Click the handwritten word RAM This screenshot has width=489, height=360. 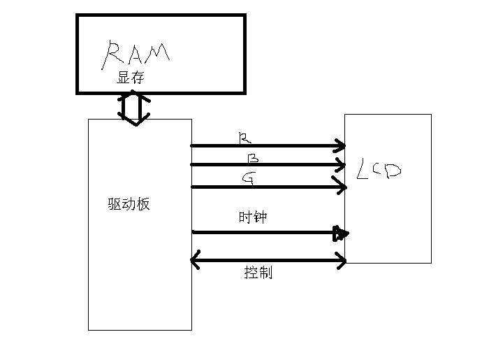[x=137, y=53]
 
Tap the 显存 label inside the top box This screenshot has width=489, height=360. [x=130, y=78]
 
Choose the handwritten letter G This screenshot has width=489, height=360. [x=247, y=178]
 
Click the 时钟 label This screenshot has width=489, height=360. [x=252, y=218]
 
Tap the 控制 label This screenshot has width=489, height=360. [x=258, y=273]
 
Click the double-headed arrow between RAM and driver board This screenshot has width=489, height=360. [x=133, y=107]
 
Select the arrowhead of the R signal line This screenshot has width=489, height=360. [x=340, y=146]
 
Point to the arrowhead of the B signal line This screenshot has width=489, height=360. [x=340, y=166]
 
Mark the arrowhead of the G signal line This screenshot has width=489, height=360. [x=341, y=187]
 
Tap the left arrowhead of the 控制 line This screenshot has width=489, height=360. [x=196, y=261]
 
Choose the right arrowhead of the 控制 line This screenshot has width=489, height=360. [x=341, y=261]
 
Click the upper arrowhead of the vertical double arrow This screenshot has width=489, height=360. [x=133, y=96]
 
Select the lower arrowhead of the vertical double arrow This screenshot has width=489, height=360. [x=133, y=120]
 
